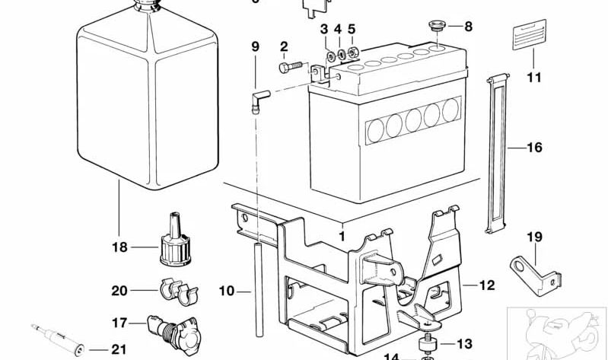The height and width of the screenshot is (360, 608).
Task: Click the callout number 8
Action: click(x=468, y=26)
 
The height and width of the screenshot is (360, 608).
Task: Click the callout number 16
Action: click(x=534, y=147)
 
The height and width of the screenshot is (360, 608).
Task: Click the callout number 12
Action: click(x=487, y=285)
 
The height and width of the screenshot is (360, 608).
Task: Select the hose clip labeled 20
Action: click(x=177, y=289)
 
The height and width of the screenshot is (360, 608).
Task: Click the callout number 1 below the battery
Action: click(x=342, y=237)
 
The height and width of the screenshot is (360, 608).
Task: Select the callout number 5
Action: click(x=352, y=30)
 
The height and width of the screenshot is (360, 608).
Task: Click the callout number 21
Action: click(x=117, y=350)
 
